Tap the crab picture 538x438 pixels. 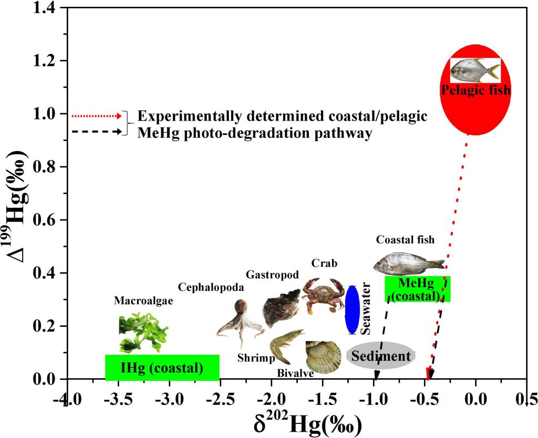point(322,295)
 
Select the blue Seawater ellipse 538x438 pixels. point(351,309)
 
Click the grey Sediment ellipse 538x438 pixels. point(380,356)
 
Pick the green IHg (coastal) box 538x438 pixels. point(162,368)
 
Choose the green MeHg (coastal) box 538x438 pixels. point(418,289)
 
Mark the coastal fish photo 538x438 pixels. point(409,264)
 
